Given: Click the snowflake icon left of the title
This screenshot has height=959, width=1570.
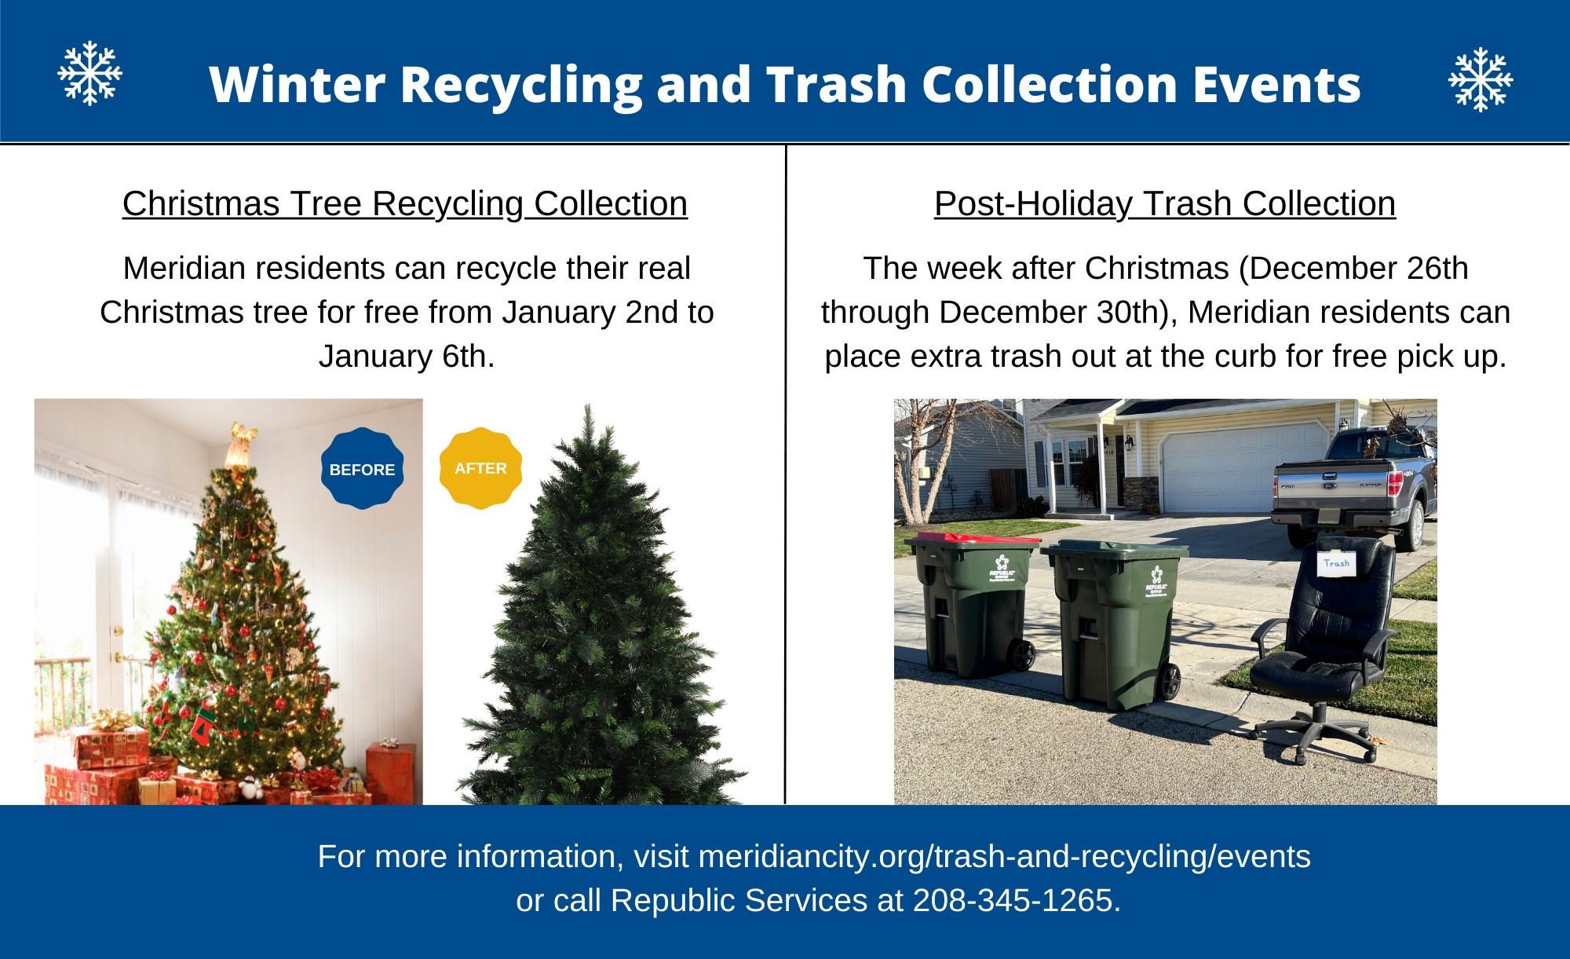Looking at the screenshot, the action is click(x=90, y=73).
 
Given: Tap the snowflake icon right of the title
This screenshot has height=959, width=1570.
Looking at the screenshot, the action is click(x=1480, y=79).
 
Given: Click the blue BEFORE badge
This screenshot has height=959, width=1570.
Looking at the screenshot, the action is click(x=362, y=469).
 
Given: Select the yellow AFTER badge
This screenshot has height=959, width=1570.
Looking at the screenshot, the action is click(x=480, y=468).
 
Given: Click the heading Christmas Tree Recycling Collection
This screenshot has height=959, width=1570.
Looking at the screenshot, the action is click(x=405, y=203).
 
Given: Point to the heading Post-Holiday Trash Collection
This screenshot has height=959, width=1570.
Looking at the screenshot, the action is click(x=1165, y=203).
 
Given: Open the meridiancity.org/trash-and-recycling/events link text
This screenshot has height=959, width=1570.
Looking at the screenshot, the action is click(x=1004, y=856).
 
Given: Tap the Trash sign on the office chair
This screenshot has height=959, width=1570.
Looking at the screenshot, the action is click(x=1337, y=562).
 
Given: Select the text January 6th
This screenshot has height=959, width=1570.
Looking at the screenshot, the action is click(x=407, y=357).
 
